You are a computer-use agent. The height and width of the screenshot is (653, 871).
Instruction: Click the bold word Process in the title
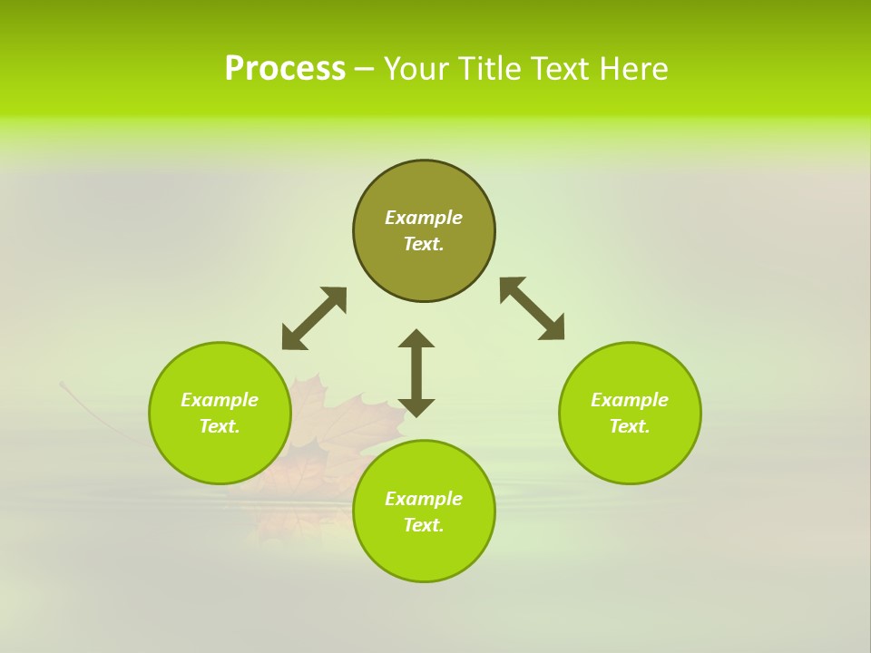click(x=285, y=69)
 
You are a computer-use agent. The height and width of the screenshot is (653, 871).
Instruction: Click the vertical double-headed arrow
click(x=416, y=373)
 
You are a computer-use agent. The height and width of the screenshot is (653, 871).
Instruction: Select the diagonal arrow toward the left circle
click(x=314, y=318)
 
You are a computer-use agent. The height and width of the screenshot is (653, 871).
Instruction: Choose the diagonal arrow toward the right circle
click(x=533, y=308)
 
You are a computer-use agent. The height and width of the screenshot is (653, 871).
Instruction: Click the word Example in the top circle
click(x=424, y=218)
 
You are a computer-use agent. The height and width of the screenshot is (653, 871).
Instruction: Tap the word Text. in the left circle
click(x=220, y=426)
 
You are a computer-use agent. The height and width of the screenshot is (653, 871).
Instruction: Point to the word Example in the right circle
click(x=630, y=400)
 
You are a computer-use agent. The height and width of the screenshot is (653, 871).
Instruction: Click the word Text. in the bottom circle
click(x=424, y=525)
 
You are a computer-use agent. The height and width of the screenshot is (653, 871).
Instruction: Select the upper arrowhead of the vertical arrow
click(x=416, y=338)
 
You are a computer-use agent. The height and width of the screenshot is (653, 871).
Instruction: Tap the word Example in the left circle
click(x=220, y=400)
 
